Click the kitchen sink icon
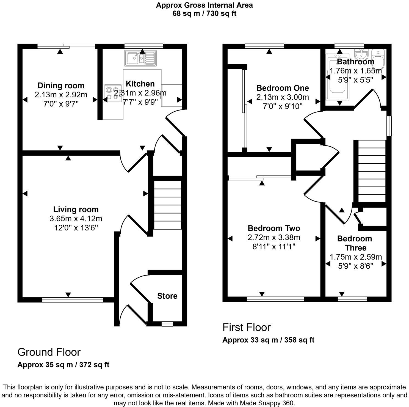[140, 58]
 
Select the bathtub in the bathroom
[337, 77]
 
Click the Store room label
[167, 296]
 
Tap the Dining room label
[61, 86]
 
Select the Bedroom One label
[283, 88]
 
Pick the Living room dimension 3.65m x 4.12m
[76, 219]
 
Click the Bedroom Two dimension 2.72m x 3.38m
[274, 237]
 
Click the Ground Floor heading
[49, 352]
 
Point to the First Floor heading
[247, 327]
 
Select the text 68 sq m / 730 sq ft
[204, 13]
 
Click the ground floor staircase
[167, 205]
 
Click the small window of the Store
[166, 324]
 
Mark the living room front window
[73, 300]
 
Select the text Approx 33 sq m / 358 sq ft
[268, 340]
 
